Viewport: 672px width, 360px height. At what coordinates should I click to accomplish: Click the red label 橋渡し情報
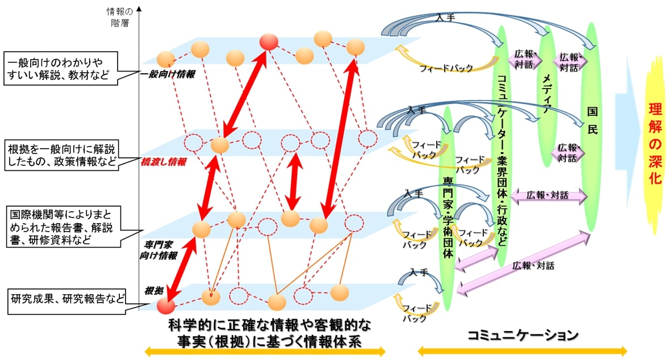[x=165, y=162]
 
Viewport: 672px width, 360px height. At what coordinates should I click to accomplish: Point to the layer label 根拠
[x=153, y=290]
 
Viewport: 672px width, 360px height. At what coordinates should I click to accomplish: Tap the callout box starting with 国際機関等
[x=67, y=227]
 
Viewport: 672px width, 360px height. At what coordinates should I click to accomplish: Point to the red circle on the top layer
[x=268, y=41]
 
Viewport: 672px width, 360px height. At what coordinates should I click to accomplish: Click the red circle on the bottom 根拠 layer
[x=165, y=305]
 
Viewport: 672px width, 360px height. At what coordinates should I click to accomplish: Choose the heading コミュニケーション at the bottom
[x=523, y=335]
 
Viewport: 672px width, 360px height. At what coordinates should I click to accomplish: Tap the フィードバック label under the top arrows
[x=446, y=68]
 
